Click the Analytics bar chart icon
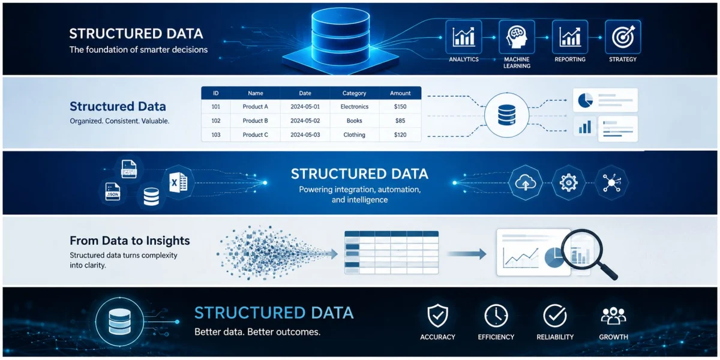coord(463,37)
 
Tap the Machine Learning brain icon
coord(517,37)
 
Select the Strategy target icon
coord(623,37)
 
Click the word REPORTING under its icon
coord(570,59)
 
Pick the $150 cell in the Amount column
coord(400,107)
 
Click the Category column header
coord(354,93)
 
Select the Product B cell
coord(255,121)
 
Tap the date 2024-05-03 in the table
coord(305,135)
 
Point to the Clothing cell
coord(354,135)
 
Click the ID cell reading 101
coord(215,107)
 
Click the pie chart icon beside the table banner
coord(585,100)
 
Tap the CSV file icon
coord(129,169)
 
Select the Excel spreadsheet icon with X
coord(178,182)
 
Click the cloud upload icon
coord(525,183)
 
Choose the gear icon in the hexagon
coord(568,183)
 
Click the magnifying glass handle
coord(606,269)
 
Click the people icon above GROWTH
coord(613,316)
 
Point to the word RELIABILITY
coord(555,337)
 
